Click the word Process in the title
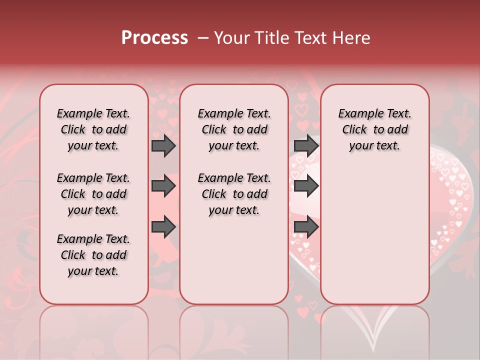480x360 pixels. pos(154,38)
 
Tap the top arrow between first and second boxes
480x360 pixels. pos(163,145)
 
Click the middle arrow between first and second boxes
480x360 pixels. pos(163,186)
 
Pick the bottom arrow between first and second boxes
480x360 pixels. pos(163,227)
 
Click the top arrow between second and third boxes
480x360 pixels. pos(306,145)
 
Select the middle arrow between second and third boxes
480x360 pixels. pos(306,186)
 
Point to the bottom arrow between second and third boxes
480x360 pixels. pos(306,227)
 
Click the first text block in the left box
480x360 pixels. pos(93,129)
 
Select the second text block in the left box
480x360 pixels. pos(93,194)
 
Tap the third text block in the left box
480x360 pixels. pos(93,255)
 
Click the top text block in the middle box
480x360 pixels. pos(234,129)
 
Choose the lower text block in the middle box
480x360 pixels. pos(234,194)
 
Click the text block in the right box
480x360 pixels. pos(374,129)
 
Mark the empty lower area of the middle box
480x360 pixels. pos(234,260)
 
